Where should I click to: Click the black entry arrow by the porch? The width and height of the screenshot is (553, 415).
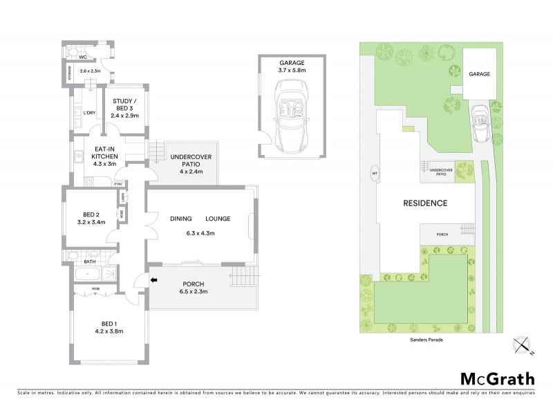[153, 280]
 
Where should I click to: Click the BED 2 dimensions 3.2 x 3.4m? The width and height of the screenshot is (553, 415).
[91, 223]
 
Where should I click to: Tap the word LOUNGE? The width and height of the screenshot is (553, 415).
[217, 219]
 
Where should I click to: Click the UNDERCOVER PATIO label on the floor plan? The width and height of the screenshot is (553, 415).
[190, 162]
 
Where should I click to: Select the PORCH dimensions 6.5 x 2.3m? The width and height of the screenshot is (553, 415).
[194, 292]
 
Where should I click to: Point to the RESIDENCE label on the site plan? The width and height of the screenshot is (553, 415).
[425, 203]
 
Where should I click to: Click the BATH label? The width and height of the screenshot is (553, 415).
[89, 262]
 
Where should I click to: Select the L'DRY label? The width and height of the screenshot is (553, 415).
[88, 113]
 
